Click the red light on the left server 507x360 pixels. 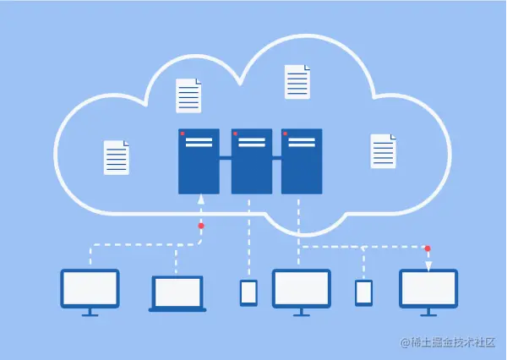pos(182,134)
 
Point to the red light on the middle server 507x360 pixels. pos(235,134)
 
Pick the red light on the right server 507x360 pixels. pos(286,134)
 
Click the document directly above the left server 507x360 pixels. pos(189,95)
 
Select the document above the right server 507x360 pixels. pos(297,81)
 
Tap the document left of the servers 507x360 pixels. pos(117,158)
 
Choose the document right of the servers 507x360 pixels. pos(383,151)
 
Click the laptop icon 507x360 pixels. pos(177,292)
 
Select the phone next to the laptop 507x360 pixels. pos(248,292)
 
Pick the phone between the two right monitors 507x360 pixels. pos(363,292)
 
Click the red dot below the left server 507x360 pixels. pos(201,226)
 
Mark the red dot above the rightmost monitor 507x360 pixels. pos(428,248)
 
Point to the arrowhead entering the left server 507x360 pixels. pos(201,199)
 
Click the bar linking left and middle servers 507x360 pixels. pos(226,158)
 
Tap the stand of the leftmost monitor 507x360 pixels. pos(90,311)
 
